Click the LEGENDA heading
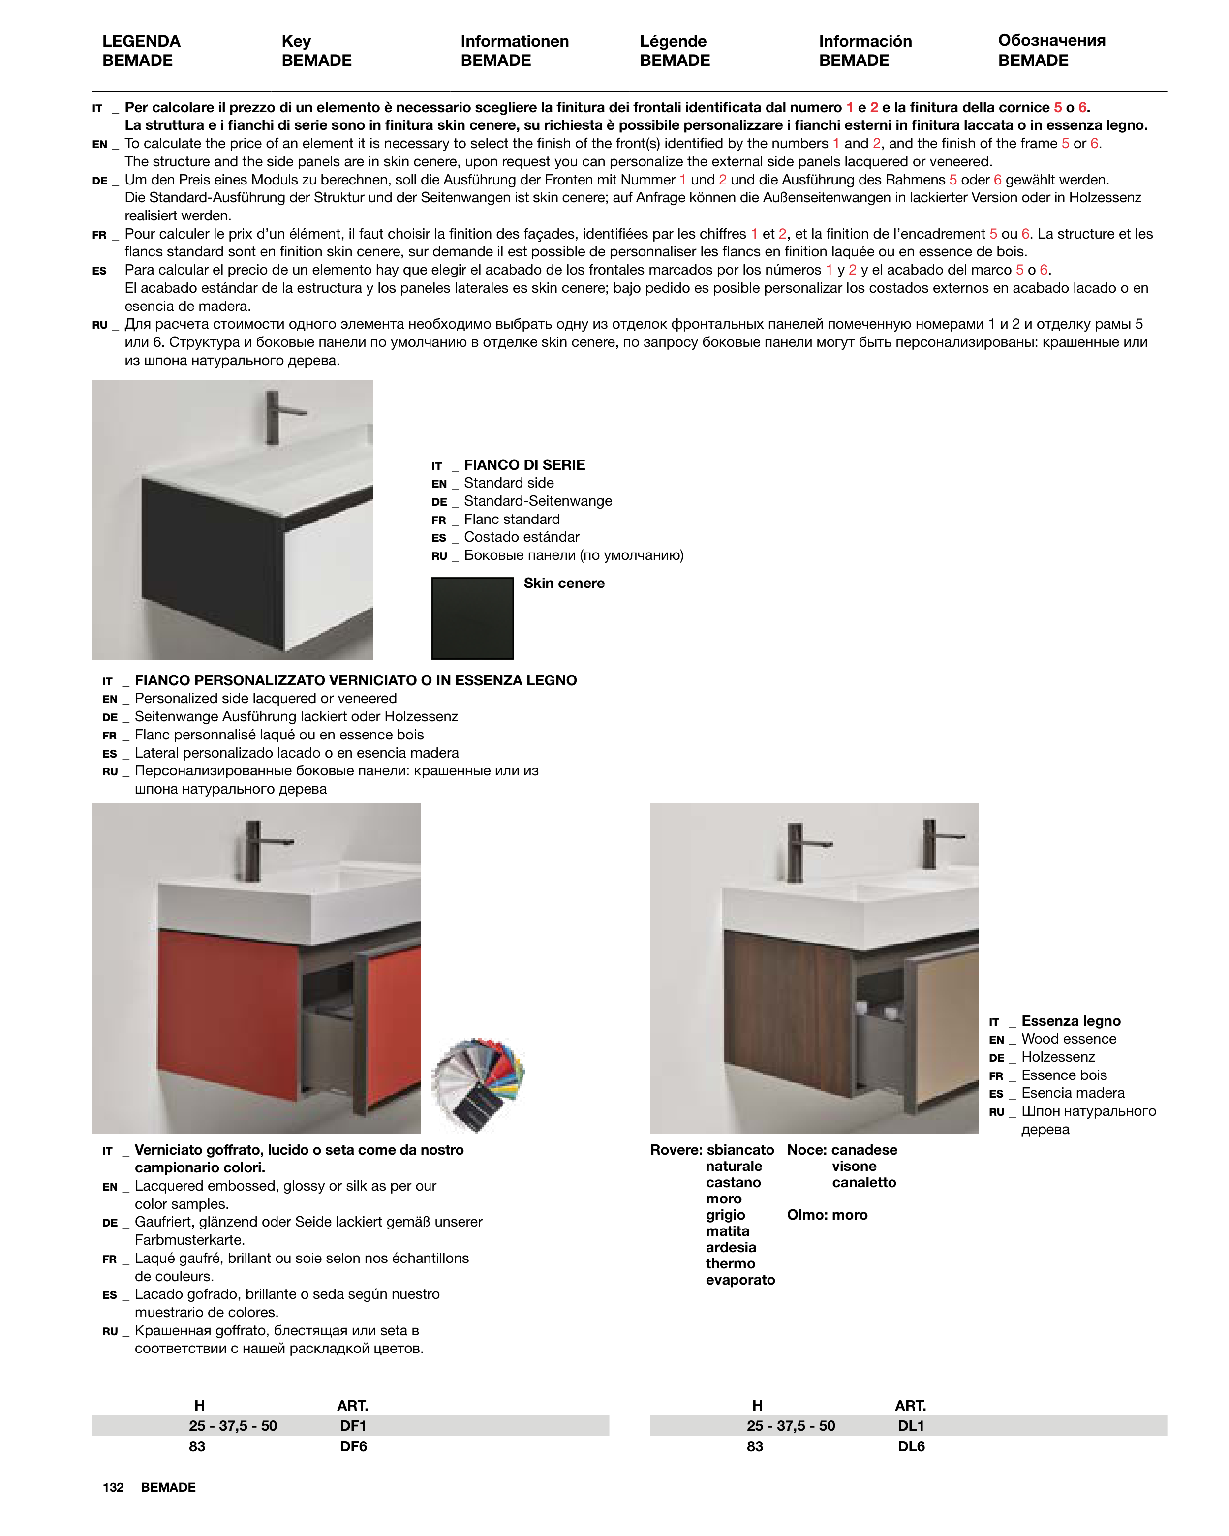tap(141, 41)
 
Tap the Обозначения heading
tap(1051, 41)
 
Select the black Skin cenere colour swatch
tap(472, 617)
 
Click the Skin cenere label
tap(563, 583)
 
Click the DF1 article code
tap(353, 1426)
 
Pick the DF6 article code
tap(353, 1446)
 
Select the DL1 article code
tap(911, 1426)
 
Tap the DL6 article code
tap(911, 1446)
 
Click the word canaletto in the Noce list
tap(863, 1183)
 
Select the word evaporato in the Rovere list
tap(740, 1280)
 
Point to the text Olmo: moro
tap(827, 1215)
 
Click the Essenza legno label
tap(1071, 1021)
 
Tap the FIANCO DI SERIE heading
tap(524, 464)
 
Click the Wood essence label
tap(1069, 1039)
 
